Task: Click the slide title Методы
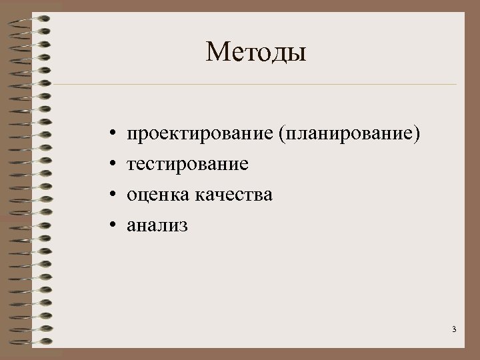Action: point(256,51)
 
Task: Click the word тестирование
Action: point(188,165)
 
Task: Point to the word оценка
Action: point(159,195)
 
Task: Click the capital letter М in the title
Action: point(218,51)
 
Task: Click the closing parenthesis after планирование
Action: point(417,136)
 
